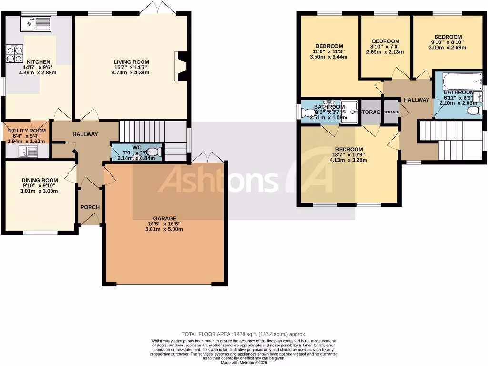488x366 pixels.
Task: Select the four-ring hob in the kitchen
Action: click(14, 53)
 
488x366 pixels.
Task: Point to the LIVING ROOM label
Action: click(131, 62)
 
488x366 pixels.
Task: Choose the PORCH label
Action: click(90, 207)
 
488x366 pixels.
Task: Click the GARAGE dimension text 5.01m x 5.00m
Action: click(164, 229)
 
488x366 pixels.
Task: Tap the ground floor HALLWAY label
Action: click(85, 134)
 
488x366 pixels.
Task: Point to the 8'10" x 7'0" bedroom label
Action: click(386, 41)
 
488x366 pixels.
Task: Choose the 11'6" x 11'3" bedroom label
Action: click(328, 46)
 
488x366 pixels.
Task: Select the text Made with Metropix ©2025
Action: click(244, 363)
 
